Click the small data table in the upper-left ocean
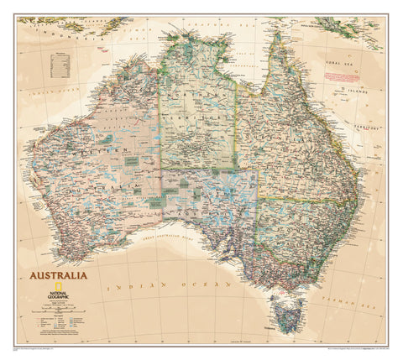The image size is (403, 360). click(60, 65)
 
